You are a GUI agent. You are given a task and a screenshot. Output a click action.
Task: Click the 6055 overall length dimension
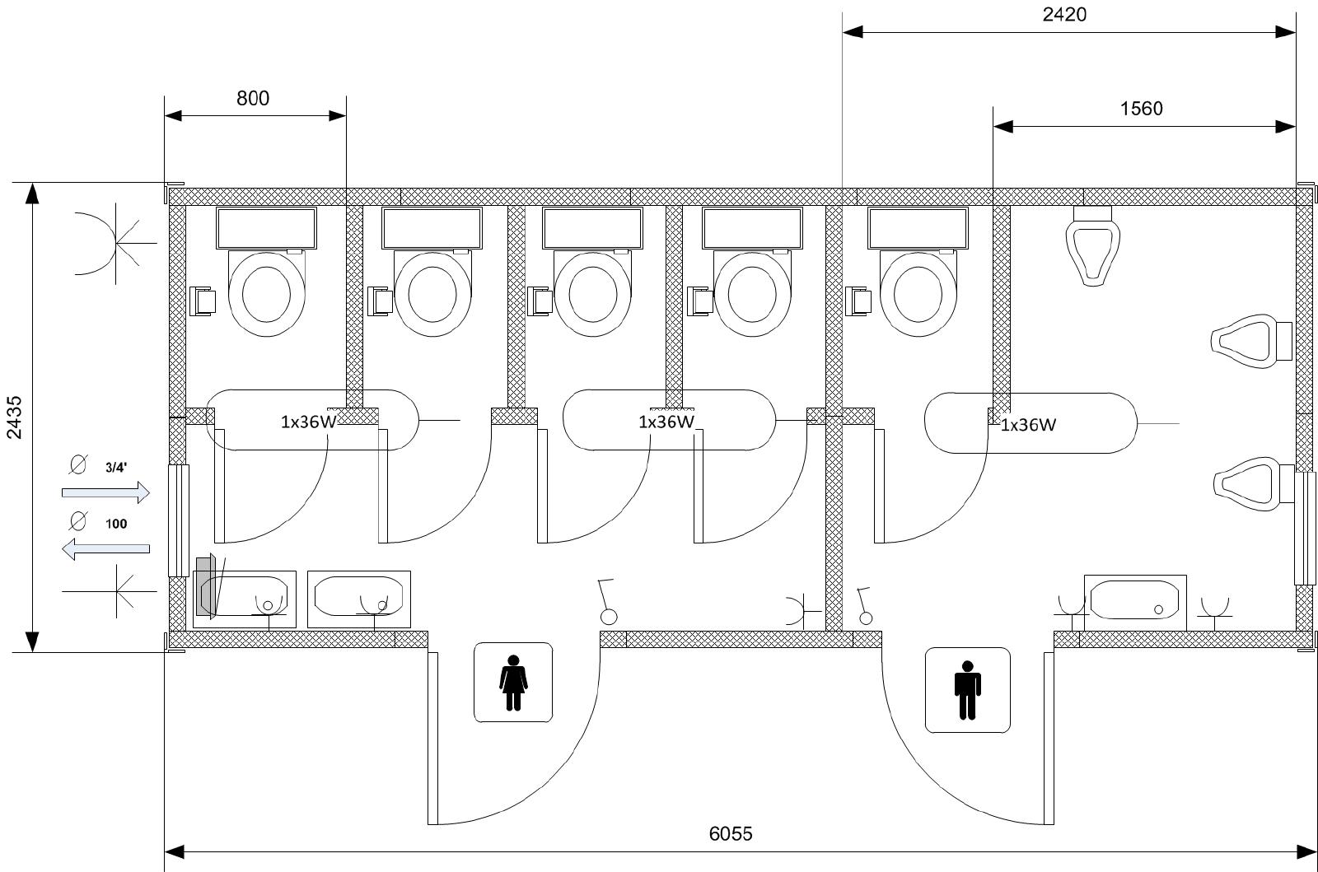tap(730, 833)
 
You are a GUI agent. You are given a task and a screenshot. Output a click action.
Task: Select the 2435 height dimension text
tap(14, 417)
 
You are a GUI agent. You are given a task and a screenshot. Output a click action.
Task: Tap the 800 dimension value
tap(253, 98)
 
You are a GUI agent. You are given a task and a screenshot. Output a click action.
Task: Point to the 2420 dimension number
tap(1064, 14)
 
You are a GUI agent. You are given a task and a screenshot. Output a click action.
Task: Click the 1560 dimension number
tap(1141, 109)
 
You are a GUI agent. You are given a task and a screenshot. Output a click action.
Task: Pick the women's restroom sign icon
tap(513, 682)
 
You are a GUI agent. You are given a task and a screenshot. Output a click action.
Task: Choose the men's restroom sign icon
tap(967, 690)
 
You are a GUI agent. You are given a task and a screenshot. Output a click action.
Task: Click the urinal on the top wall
tap(1092, 246)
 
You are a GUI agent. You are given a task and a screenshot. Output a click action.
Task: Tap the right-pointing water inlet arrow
tap(106, 492)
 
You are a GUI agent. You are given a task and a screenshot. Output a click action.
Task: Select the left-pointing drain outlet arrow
tap(106, 548)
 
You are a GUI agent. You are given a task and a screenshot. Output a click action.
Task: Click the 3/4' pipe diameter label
tap(116, 468)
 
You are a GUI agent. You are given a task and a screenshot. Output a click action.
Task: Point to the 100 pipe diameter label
tap(116, 524)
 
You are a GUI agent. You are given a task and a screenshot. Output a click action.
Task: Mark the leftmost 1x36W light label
tap(308, 422)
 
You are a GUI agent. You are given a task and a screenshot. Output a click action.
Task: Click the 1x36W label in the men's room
tap(1028, 425)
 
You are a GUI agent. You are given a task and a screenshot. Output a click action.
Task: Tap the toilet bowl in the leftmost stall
tap(267, 293)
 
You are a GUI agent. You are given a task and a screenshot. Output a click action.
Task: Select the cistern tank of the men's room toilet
tap(918, 228)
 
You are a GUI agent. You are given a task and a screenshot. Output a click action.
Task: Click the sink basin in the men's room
tap(1135, 600)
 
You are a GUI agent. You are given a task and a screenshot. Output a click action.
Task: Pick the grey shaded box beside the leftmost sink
tap(203, 587)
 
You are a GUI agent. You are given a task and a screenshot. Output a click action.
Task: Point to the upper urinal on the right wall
tap(1251, 341)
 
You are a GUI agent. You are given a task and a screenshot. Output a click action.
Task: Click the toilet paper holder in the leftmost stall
tap(203, 301)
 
